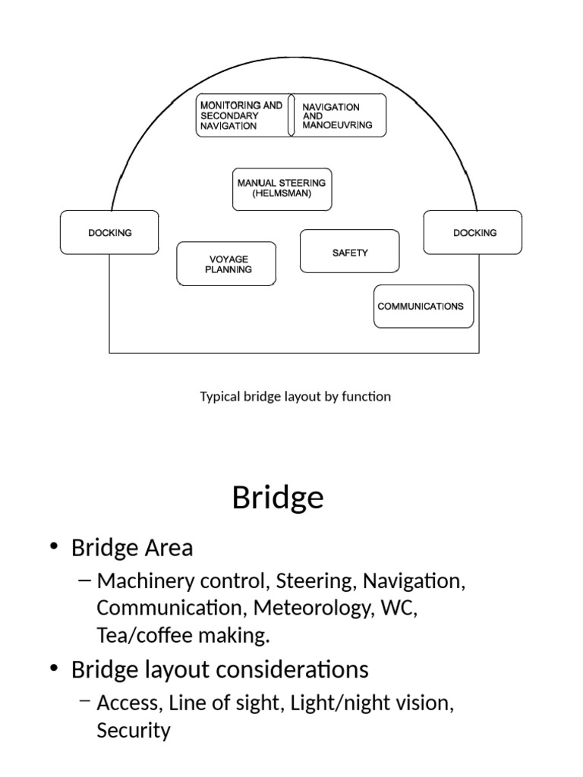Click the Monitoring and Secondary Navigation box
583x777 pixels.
pos(241,115)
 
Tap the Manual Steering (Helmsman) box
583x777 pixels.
pos(282,189)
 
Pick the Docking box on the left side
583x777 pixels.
pos(109,232)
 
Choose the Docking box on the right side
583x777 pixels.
pos(472,232)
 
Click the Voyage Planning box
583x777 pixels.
pos(227,264)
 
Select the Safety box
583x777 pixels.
pos(349,251)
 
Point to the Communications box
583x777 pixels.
pos(424,307)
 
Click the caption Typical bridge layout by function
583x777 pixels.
pos(295,396)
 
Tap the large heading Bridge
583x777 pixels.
pos(278,498)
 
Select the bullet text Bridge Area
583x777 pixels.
pos(132,547)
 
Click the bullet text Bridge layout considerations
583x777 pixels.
pos(219,669)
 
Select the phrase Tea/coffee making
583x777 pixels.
pos(183,636)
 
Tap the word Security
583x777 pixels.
pos(134,731)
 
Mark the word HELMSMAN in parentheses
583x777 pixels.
pos(282,194)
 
